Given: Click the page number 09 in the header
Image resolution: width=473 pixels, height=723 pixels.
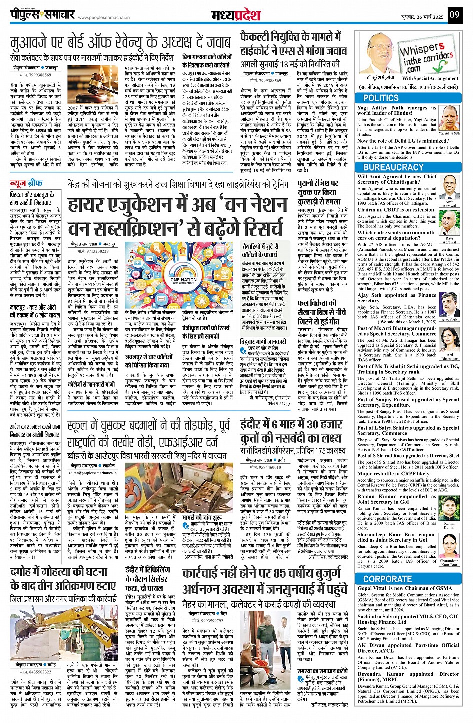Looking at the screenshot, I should pos(453,15).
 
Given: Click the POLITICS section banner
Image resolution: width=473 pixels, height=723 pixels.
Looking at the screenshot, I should pos(381,98).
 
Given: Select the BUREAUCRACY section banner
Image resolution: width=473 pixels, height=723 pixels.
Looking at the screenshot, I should pos(393,167).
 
